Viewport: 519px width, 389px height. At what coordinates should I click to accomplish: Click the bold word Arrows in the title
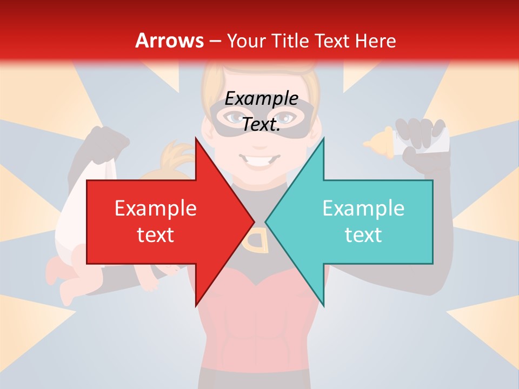(x=169, y=41)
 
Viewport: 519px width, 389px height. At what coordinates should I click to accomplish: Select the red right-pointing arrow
(x=162, y=222)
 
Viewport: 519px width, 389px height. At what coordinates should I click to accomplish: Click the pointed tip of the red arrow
(x=253, y=222)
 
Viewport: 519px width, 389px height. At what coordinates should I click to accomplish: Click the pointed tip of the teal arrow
(x=267, y=222)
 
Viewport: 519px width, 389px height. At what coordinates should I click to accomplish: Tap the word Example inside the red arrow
(x=156, y=209)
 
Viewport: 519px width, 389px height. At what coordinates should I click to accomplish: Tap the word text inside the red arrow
(x=156, y=234)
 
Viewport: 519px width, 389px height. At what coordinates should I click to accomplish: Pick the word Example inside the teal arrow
(x=363, y=209)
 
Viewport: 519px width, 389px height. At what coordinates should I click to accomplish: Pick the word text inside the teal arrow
(x=363, y=234)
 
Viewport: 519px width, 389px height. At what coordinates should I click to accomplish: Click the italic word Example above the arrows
(x=262, y=99)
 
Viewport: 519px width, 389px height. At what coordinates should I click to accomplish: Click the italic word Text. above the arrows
(x=262, y=124)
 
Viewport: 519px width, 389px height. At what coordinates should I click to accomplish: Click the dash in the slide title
(x=215, y=41)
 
